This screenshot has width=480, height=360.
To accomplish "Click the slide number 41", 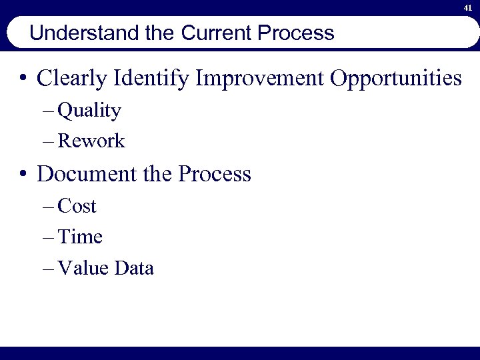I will pos(468,9).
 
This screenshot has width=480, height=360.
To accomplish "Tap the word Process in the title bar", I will pos(300,33).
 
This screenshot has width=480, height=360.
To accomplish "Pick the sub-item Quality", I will pos(89,111).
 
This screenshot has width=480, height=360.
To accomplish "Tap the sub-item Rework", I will pos(91,141).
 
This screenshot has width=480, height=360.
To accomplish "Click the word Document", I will pos(83,174).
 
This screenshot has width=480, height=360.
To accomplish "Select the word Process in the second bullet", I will pos(215,174).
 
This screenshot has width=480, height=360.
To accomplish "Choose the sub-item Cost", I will pos(77,207).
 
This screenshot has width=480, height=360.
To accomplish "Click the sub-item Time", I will pos(80,237).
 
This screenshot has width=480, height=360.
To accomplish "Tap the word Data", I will pos(134,268).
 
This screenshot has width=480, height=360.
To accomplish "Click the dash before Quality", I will pos(48,111).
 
